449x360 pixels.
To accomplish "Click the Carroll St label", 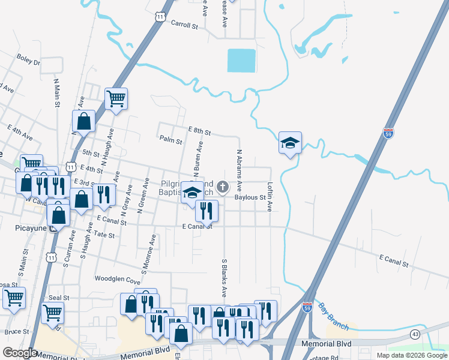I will click(184, 26).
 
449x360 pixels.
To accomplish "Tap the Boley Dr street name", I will click(28, 61).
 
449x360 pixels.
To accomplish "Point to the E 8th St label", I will click(199, 130).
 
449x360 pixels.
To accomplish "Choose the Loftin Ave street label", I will click(270, 197).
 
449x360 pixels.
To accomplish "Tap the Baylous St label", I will click(250, 197).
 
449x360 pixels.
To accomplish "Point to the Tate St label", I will click(104, 235).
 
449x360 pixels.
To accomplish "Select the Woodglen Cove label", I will click(117, 280).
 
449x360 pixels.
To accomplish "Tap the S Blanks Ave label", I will click(224, 278).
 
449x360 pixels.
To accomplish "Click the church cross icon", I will click(223, 187).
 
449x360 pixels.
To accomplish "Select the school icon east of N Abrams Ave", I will click(290, 143).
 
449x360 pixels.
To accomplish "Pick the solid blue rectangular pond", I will click(241, 61).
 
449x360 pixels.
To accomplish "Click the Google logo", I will click(20, 353).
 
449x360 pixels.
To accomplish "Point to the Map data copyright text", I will click(412, 355).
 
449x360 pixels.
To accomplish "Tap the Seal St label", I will click(59, 298).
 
